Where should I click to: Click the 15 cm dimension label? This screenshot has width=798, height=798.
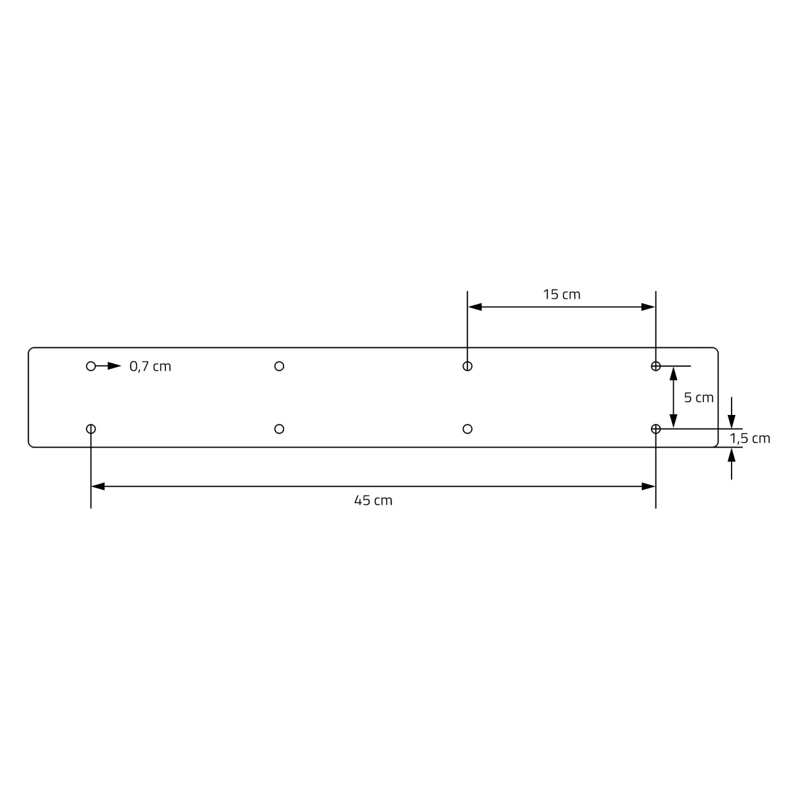coord(561,294)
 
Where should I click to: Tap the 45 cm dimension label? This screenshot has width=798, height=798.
coord(373,500)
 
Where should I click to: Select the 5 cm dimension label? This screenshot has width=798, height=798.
coord(699,397)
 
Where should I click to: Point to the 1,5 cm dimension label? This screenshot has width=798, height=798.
coord(750,438)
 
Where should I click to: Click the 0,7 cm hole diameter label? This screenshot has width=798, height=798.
coord(150,367)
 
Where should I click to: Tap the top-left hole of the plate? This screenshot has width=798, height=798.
coord(91,366)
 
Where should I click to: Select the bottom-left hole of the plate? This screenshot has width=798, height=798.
coord(91,429)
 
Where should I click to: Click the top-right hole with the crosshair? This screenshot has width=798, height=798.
coord(655,366)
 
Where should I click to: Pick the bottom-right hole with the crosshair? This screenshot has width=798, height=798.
coord(655,429)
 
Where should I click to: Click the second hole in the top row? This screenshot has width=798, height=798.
coord(279,366)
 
